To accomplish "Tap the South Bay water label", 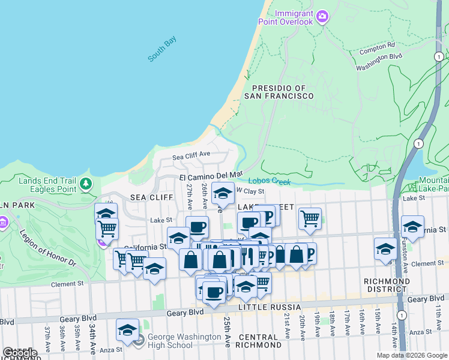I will pyautogui.click(x=162, y=49).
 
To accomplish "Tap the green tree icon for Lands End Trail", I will pyautogui.click(x=87, y=183).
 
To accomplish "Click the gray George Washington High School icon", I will pyautogui.click(x=139, y=341).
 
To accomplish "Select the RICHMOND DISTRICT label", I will pyautogui.click(x=387, y=285).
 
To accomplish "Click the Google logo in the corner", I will pyautogui.click(x=20, y=352).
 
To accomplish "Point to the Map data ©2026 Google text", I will pyautogui.click(x=411, y=355).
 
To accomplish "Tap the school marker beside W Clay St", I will pyautogui.click(x=223, y=194).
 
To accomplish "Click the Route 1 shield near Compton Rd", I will pyautogui.click(x=439, y=56).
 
